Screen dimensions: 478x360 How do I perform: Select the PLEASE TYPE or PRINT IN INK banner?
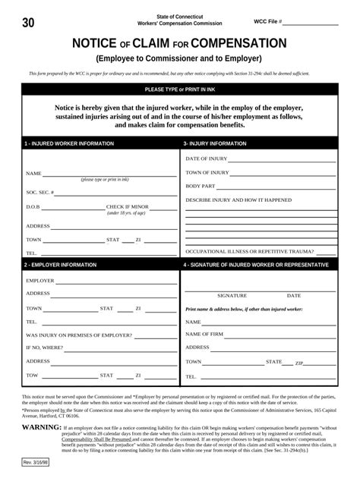coord(180,90)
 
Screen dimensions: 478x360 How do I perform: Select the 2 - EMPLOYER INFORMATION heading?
coord(61,265)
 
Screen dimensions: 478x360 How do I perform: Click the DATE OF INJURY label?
coord(207,159)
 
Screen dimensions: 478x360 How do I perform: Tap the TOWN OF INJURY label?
coord(208,172)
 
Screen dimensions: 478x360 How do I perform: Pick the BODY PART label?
coord(201,186)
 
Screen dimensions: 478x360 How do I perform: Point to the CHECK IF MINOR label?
coord(128,206)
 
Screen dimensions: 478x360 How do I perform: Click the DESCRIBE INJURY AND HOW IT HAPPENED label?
coord(238,200)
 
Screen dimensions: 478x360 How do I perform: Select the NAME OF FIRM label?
coord(204,334)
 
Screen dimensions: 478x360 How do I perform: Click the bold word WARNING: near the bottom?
coord(42,428)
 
